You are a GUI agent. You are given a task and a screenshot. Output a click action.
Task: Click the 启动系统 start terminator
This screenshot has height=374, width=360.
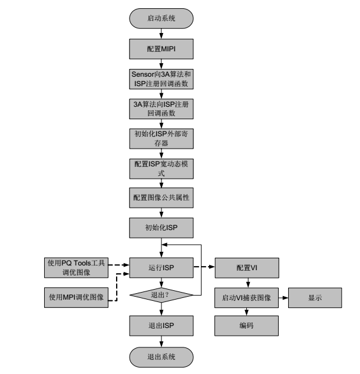(x=161, y=18)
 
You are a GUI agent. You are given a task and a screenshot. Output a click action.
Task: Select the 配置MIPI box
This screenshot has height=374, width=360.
(x=161, y=48)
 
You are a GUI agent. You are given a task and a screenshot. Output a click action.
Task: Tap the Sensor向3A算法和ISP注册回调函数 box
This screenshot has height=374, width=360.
(x=161, y=79)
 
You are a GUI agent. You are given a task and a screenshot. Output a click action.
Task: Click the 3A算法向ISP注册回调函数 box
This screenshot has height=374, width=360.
(x=161, y=109)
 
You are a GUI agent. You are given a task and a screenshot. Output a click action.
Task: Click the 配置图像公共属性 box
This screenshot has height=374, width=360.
(x=161, y=198)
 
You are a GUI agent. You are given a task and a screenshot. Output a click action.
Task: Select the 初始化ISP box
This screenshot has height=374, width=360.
(x=161, y=227)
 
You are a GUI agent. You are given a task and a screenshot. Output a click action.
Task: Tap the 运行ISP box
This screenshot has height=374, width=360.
(x=161, y=267)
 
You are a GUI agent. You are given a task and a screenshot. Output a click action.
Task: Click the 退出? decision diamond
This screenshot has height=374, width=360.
(x=161, y=294)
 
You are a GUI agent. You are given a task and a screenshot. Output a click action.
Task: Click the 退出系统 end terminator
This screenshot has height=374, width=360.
(x=161, y=357)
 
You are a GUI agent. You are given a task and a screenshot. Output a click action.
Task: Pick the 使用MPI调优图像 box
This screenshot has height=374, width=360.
(x=76, y=297)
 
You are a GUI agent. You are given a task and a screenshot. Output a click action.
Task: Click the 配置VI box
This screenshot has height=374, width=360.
(x=247, y=267)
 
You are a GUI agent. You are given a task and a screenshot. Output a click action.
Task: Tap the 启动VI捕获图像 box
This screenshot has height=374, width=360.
(x=247, y=298)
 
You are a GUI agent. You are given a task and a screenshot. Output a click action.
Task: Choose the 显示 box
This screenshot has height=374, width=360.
(x=315, y=298)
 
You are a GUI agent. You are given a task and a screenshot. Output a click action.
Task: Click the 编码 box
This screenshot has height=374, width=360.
(x=247, y=326)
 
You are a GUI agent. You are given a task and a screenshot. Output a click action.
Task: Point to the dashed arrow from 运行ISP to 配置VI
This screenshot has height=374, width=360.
(x=204, y=267)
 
